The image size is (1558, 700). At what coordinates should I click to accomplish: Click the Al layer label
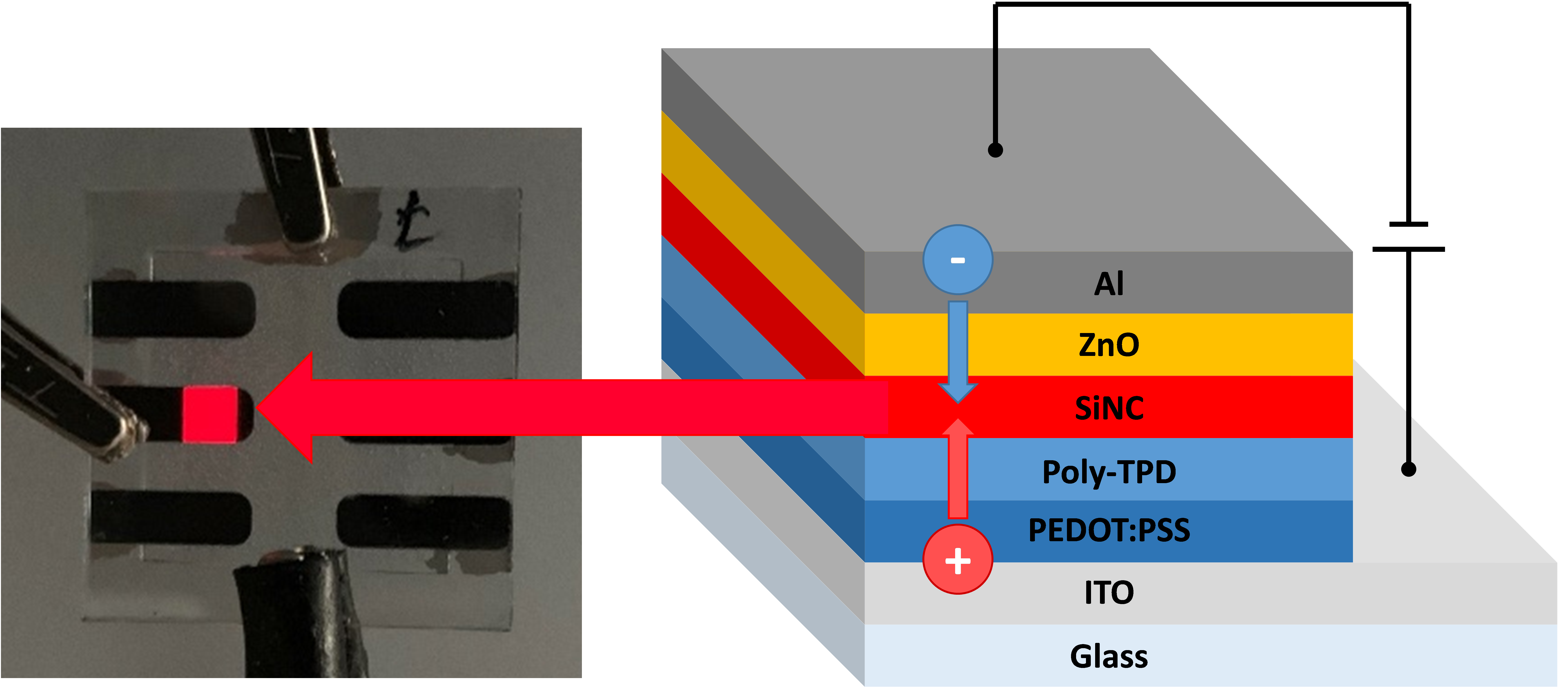tap(1109, 284)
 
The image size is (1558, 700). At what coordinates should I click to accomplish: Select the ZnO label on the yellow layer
tap(1109, 345)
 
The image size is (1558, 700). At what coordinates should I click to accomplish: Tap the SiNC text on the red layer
tap(1109, 408)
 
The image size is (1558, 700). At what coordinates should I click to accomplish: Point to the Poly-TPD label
tap(1109, 472)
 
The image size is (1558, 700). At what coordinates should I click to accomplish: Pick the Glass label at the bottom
tap(1109, 656)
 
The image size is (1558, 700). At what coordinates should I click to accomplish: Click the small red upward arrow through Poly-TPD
tap(957, 469)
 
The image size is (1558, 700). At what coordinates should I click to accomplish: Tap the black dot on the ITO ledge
tap(1409, 469)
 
